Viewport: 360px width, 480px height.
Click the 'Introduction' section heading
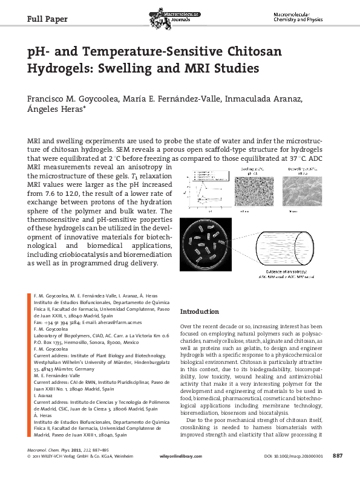point(200,312)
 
